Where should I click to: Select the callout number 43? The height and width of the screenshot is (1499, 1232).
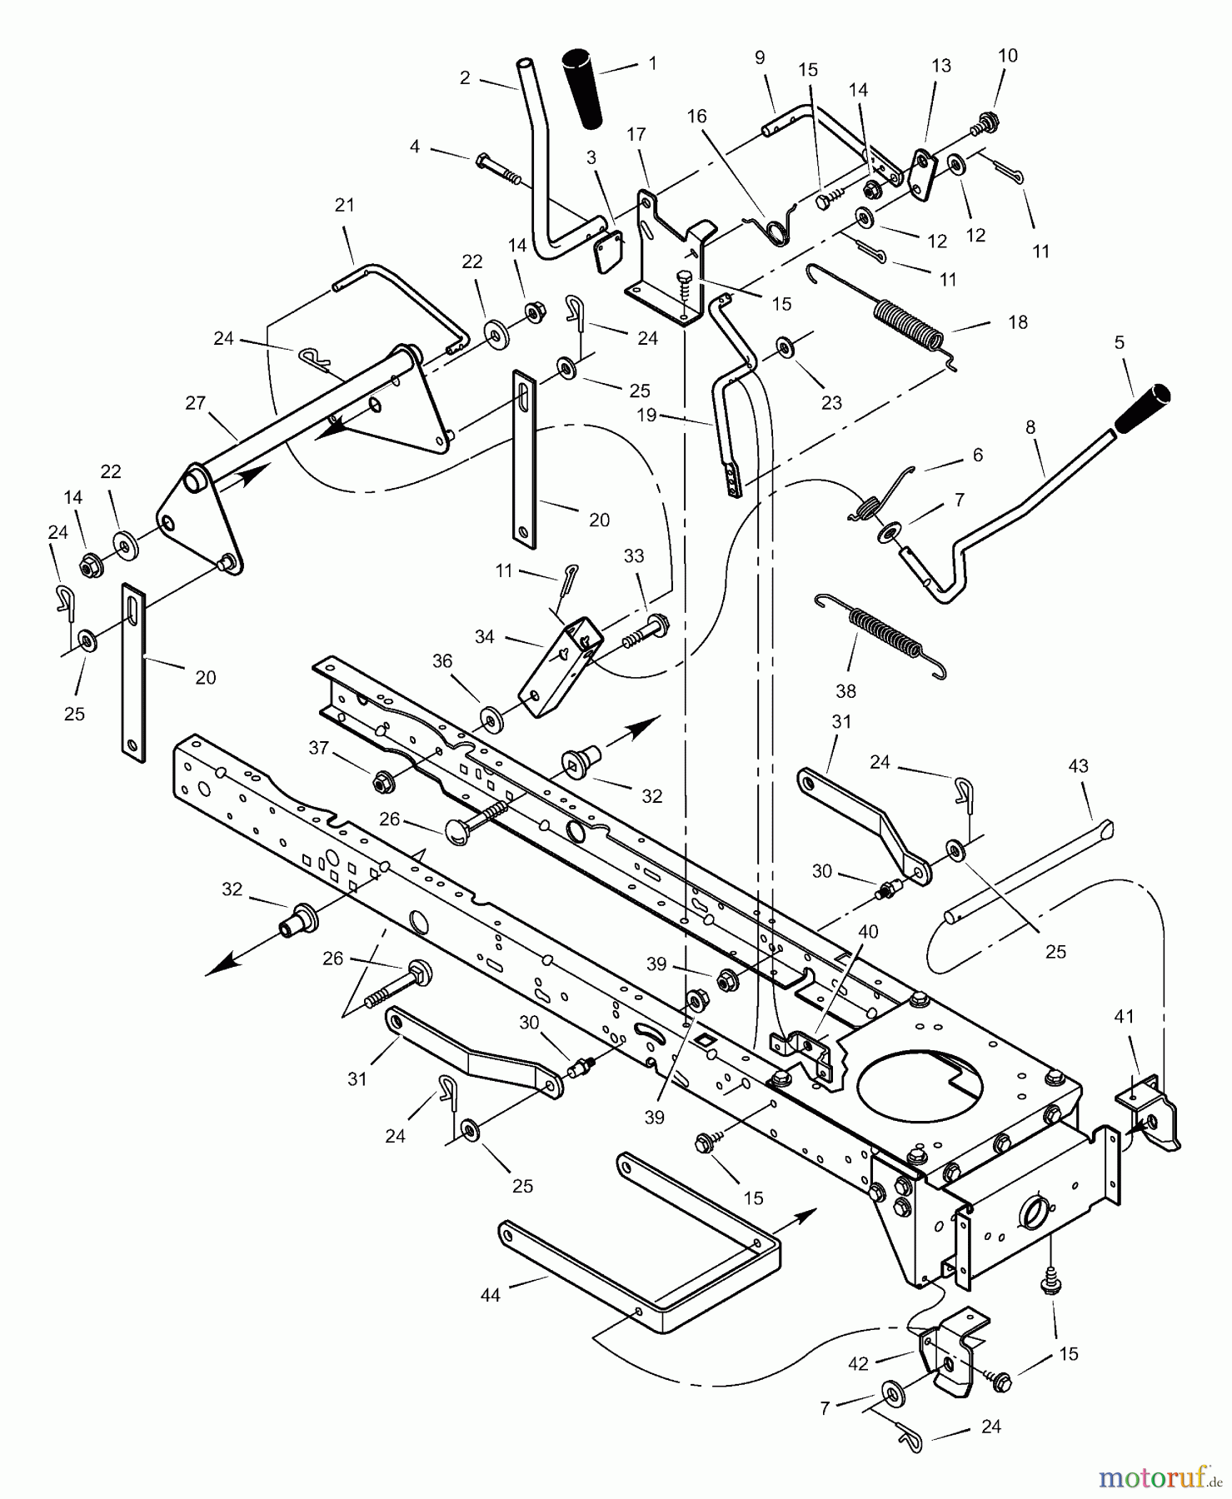pyautogui.click(x=1078, y=765)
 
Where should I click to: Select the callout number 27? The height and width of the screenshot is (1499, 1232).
pyautogui.click(x=195, y=403)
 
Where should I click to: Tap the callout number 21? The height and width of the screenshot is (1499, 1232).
pyautogui.click(x=345, y=205)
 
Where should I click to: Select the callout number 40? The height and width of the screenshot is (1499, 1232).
pyautogui.click(x=868, y=932)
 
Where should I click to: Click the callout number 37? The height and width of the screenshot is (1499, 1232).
pyautogui.click(x=319, y=748)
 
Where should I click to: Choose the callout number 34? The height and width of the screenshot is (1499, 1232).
pyautogui.click(x=485, y=636)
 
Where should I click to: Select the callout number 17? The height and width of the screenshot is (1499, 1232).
pyautogui.click(x=636, y=134)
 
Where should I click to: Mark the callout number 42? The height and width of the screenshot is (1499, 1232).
pyautogui.click(x=858, y=1363)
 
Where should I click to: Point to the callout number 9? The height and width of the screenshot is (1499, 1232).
pyautogui.click(x=759, y=57)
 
